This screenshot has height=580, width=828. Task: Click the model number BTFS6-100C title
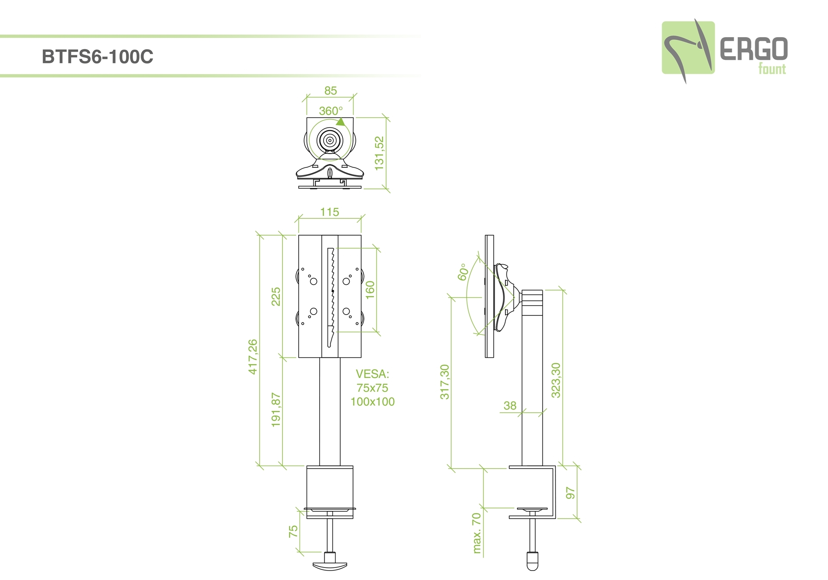coord(97,57)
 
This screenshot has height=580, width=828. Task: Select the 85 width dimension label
coord(330,91)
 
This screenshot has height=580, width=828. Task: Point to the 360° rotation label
coord(331,111)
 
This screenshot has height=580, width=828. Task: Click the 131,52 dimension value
coord(379,153)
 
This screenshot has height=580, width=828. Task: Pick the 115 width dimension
coord(329,212)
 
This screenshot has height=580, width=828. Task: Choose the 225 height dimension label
coord(276,296)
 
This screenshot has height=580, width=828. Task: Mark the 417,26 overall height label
coord(253,357)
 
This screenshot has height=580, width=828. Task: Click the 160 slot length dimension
coord(370,290)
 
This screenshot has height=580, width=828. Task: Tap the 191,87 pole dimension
coord(276,410)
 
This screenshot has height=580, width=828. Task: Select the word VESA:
coord(372,374)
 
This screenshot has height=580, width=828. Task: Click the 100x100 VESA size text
coord(373,402)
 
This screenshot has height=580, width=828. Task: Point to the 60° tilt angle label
coord(463,272)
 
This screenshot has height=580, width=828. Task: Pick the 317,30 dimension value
coord(445,382)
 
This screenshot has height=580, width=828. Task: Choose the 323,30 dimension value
coord(556,380)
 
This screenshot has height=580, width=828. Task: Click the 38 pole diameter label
coord(510,406)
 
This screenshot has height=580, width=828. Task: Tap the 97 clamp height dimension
coord(570,493)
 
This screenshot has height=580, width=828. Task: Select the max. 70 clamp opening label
coord(477,533)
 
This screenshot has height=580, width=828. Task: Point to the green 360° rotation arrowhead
coord(341,122)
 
